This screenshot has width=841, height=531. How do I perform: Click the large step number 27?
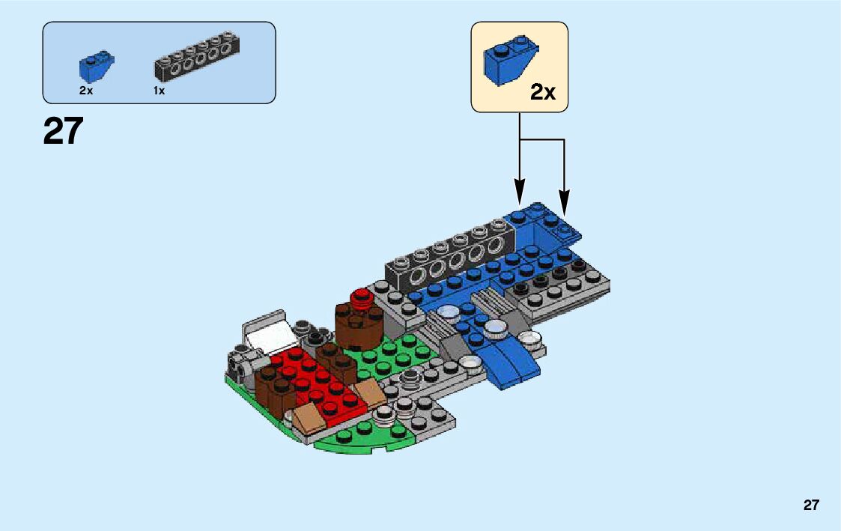[63, 132]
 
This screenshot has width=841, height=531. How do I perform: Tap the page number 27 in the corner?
[811, 505]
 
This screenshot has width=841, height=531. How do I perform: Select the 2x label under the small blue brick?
[86, 91]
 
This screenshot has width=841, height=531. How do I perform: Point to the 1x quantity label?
[159, 91]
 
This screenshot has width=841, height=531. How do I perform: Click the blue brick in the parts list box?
[95, 67]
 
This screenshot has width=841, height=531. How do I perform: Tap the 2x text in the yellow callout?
[543, 92]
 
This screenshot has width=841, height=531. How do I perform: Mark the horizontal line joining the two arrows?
[541, 140]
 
